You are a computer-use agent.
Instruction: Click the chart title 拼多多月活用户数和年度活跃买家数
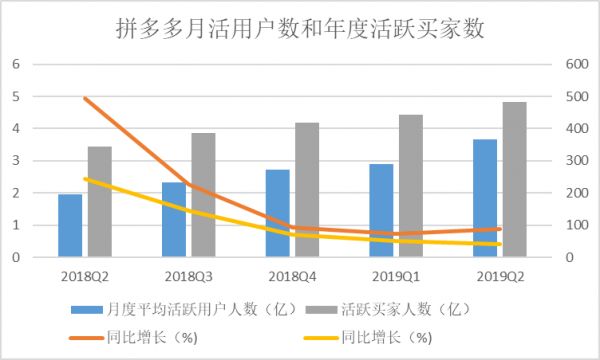[x=300, y=29]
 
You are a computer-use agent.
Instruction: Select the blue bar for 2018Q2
[x=70, y=225]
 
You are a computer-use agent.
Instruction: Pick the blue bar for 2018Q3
[x=173, y=219]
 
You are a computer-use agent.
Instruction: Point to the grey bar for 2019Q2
[x=514, y=180]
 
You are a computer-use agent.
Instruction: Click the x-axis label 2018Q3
[x=188, y=273]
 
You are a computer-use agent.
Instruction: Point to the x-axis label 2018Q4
[x=292, y=273]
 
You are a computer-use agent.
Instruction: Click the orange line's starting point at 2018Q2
[x=86, y=98]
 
